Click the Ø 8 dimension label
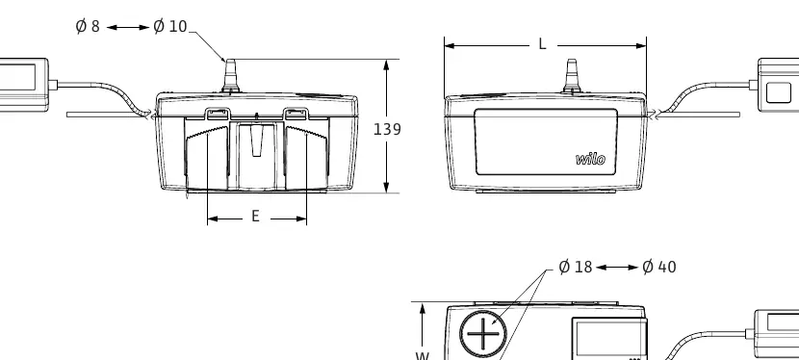tap(88, 27)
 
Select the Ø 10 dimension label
tap(170, 27)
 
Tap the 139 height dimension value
tap(387, 129)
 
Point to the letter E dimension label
tap(256, 217)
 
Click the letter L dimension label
tap(542, 45)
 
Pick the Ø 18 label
tap(576, 267)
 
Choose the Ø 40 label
tap(659, 267)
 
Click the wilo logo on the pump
tap(591, 160)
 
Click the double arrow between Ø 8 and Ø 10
tap(128, 27)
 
